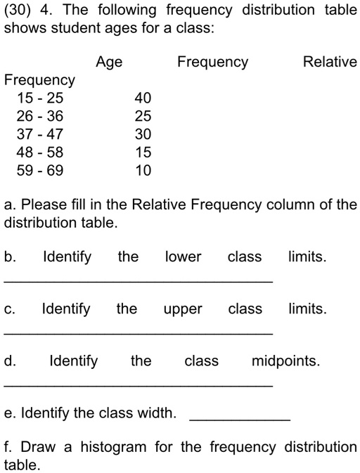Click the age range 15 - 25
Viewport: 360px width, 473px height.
[39, 98]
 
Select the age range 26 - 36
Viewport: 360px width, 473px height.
[39, 116]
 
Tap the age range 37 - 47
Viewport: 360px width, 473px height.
[39, 134]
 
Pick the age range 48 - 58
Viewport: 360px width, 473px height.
[39, 152]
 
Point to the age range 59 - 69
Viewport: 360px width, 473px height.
[39, 169]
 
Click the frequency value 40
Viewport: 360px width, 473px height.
[143, 98]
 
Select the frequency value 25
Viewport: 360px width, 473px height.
[143, 116]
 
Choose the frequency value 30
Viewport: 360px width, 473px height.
[143, 134]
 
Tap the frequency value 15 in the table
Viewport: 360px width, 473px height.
[143, 152]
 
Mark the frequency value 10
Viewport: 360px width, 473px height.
[143, 169]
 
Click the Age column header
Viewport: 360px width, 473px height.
[109, 63]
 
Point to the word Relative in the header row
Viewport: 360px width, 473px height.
[330, 62]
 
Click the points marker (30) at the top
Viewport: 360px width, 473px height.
[17, 11]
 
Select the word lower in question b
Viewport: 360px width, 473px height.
[183, 257]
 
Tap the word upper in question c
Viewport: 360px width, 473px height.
[183, 310]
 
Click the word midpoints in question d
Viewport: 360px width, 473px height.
[285, 362]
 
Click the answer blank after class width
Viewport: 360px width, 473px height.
[240, 419]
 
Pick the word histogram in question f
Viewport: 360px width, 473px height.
[113, 448]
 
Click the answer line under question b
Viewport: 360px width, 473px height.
[139, 280]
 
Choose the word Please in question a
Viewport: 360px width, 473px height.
[44, 205]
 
